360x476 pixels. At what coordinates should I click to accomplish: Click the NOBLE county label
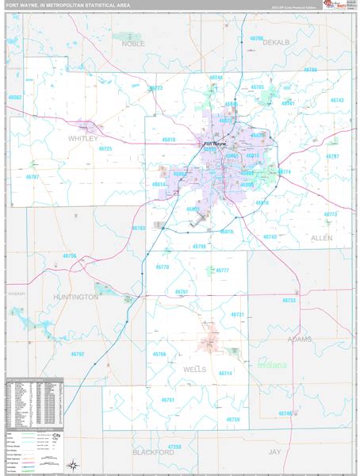(x=133, y=44)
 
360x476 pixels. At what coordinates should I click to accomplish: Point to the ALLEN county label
(x=321, y=237)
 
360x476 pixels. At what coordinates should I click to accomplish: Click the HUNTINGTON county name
(x=76, y=296)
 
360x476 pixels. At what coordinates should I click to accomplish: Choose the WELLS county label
(x=194, y=370)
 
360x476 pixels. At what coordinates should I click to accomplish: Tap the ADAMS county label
(x=300, y=338)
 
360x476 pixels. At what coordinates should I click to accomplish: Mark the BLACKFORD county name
(x=153, y=451)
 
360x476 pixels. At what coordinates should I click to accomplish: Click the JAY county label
(x=275, y=451)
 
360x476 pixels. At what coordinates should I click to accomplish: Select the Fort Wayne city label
(x=215, y=144)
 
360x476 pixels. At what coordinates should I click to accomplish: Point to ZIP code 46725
(x=105, y=149)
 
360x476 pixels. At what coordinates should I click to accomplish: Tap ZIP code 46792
(x=77, y=354)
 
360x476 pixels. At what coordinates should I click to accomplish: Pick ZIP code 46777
(x=221, y=271)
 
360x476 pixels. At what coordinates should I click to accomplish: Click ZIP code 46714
(x=225, y=373)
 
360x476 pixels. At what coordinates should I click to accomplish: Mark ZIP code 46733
(x=289, y=301)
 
